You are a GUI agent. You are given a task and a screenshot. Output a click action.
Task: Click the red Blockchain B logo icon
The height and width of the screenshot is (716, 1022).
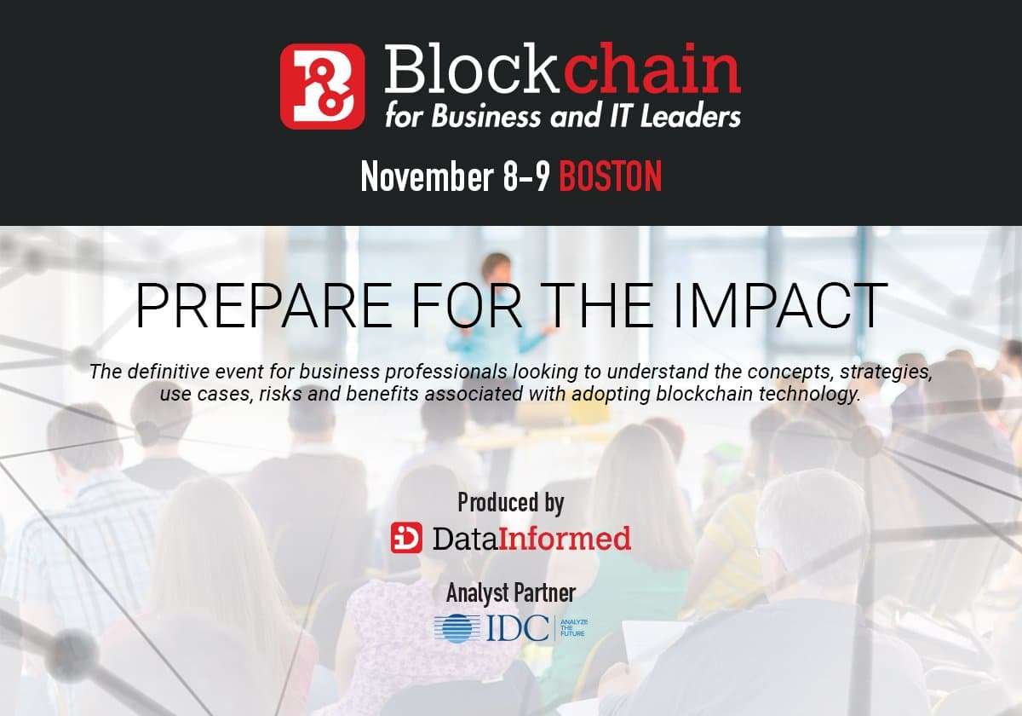323,87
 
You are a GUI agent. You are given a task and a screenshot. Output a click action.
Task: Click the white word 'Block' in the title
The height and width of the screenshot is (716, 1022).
471,72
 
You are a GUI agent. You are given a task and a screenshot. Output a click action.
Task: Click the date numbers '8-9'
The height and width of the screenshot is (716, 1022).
526,176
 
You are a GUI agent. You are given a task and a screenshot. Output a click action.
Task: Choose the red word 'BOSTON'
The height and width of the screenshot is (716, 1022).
611,176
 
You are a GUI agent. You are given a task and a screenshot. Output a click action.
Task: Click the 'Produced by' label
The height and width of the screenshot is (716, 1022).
511,503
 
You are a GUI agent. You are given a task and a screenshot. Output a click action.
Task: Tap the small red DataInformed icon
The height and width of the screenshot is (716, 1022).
407,538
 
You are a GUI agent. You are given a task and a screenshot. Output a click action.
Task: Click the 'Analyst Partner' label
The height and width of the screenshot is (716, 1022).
511,592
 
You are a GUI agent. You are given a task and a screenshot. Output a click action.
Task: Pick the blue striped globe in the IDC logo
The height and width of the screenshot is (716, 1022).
457,629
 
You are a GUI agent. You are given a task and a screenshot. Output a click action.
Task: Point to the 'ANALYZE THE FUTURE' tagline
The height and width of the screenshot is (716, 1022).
572,629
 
